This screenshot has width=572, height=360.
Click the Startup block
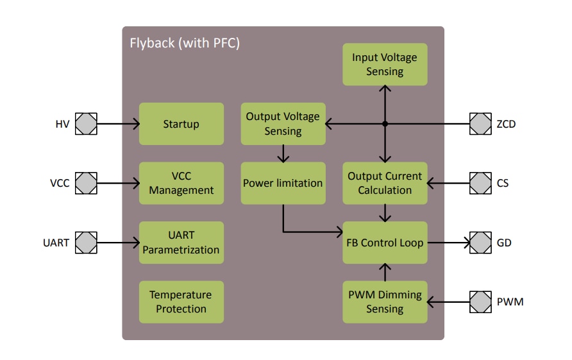point(181,124)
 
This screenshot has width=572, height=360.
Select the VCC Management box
point(181,183)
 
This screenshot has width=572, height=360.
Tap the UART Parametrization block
point(181,243)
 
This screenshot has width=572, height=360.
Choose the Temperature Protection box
point(181,302)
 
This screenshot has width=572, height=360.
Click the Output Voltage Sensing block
point(283,124)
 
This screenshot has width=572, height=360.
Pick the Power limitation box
point(283,183)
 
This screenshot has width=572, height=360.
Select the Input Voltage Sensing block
point(385,64)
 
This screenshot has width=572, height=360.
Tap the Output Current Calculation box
point(385,183)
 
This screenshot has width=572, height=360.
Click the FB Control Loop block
point(385,243)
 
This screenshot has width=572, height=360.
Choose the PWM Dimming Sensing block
point(385,302)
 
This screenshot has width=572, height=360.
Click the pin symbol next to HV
point(87,124)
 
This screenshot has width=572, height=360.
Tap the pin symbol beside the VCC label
point(87,183)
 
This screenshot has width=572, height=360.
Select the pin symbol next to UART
point(87,243)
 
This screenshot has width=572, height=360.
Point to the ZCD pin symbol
point(480,124)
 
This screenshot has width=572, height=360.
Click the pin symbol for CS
point(480,183)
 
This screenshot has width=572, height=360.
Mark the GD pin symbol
point(480,243)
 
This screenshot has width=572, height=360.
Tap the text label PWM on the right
point(510,302)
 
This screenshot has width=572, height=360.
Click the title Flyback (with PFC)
point(185,44)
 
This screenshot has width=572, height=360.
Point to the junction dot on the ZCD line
point(385,124)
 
